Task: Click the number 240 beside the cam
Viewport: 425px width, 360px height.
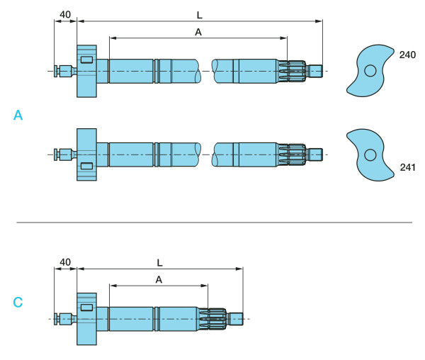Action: tap(407, 55)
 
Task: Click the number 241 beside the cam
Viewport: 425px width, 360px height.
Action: tap(407, 168)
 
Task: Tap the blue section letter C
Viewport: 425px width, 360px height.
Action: tap(18, 303)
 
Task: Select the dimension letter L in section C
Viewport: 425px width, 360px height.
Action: tap(159, 262)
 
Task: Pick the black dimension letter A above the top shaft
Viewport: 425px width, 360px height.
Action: tap(198, 31)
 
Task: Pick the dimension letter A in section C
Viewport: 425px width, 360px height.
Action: tap(159, 279)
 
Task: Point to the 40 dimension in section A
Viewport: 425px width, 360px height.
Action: tap(65, 14)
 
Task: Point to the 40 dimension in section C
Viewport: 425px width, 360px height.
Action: tap(65, 262)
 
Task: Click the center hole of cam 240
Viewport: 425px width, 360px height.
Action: tap(370, 70)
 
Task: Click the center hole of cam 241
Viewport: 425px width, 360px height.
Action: tap(369, 155)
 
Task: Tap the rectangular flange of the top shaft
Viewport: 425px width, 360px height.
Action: tap(86, 71)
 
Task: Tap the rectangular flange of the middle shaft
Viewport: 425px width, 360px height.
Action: tap(86, 154)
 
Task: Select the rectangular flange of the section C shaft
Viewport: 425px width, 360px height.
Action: tap(86, 319)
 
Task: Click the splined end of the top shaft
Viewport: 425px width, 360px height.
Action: tap(296, 71)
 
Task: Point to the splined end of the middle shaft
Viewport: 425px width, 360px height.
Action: tap(296, 154)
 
